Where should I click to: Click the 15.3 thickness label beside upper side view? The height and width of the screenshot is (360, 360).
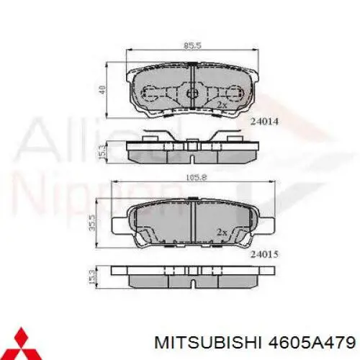tap(103, 150)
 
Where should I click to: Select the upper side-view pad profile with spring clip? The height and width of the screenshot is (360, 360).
tap(192, 148)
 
